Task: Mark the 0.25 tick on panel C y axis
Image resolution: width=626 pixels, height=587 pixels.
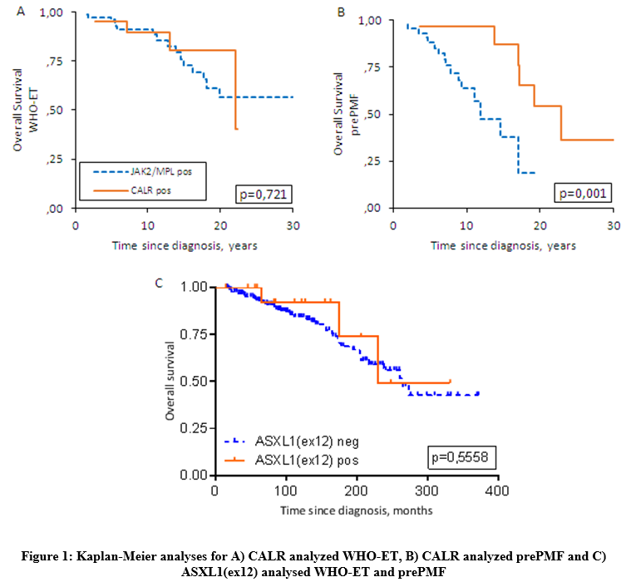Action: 197,428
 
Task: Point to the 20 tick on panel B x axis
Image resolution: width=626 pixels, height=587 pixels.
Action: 540,226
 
